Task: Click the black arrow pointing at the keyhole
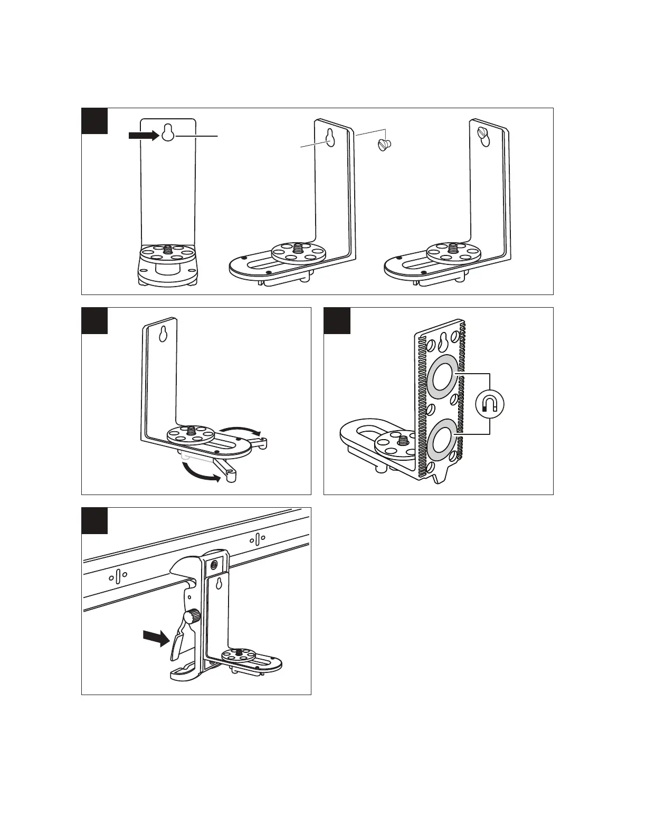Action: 143,136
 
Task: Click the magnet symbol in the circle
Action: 489,404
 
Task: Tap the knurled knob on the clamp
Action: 193,615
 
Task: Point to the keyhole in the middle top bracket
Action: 330,138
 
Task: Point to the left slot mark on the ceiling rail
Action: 118,576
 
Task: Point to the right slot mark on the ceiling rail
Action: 257,539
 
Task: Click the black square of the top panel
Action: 95,121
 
